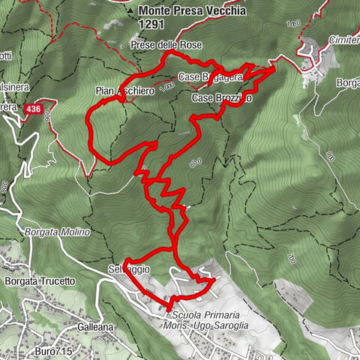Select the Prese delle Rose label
click(166, 46)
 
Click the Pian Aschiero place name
click(124, 91)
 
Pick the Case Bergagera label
click(211, 76)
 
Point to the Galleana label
click(94, 328)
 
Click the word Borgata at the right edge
click(347, 82)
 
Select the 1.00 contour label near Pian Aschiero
click(166, 85)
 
